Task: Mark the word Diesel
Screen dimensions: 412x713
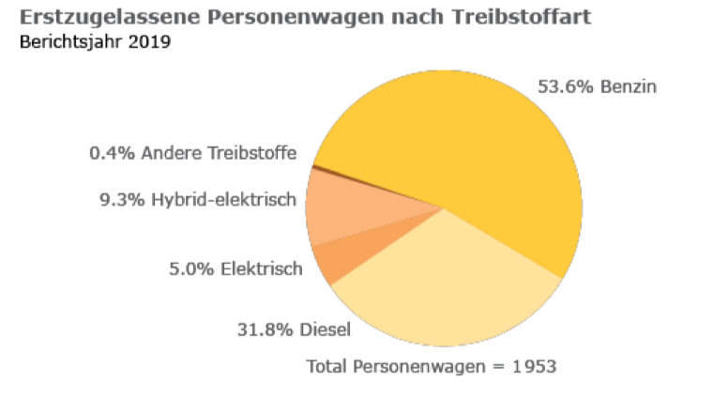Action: [x=326, y=329]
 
